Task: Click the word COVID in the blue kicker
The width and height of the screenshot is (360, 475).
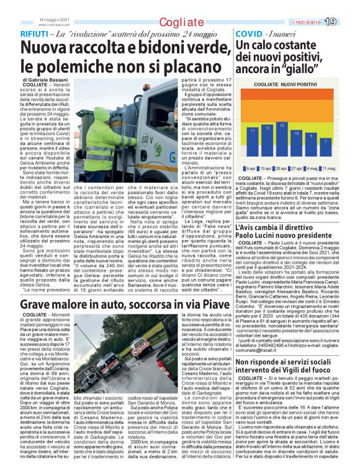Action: [249, 33]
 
